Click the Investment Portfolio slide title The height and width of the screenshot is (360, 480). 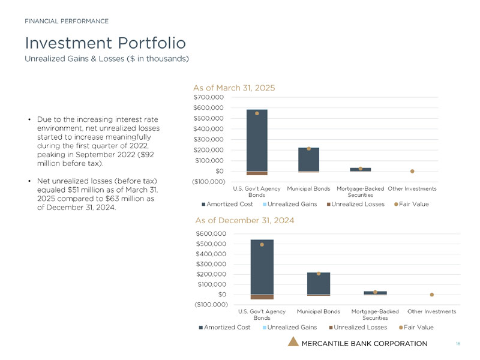(x=105, y=43)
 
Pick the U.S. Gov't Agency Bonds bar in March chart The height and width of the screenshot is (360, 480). (x=257, y=140)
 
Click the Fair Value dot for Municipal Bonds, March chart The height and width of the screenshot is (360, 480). (x=308, y=148)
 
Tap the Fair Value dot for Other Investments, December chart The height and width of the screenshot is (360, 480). (x=431, y=295)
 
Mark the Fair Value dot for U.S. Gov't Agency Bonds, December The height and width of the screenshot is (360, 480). (x=262, y=245)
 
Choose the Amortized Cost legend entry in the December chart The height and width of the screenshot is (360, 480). (x=225, y=327)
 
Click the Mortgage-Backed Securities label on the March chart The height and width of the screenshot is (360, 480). (x=360, y=191)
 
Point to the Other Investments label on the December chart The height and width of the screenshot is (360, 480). (x=431, y=311)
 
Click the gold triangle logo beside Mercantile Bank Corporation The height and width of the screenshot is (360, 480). (x=293, y=342)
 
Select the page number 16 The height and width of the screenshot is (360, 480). (x=458, y=344)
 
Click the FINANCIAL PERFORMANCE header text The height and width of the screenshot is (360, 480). (x=67, y=21)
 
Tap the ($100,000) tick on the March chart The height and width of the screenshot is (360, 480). (x=209, y=182)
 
